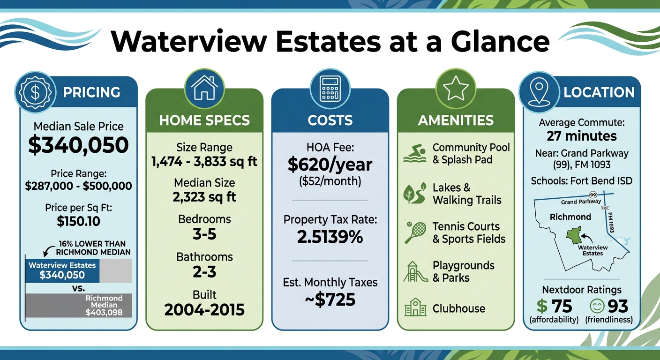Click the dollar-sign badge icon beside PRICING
point(35,92)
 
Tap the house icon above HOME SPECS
point(204,88)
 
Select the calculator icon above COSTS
point(330,89)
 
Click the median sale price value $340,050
point(78,145)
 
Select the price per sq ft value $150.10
point(78,221)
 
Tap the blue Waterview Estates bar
point(62,271)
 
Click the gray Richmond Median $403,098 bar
point(78,305)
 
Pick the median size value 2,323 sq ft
point(204,197)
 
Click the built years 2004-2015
point(204,310)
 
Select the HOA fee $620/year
point(330,165)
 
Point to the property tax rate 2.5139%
point(330,237)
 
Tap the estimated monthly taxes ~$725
point(330,300)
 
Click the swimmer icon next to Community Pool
point(415,153)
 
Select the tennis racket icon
point(415,232)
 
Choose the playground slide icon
point(415,271)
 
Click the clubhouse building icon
point(415,307)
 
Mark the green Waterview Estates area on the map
point(574,235)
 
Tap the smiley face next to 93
point(597,307)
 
